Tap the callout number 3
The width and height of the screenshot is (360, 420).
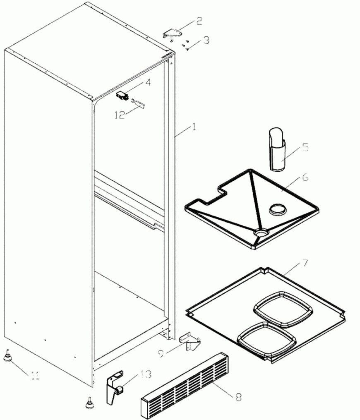(x=206, y=41)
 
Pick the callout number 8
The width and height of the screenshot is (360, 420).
(x=238, y=397)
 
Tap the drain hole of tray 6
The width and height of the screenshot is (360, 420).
(x=262, y=233)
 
